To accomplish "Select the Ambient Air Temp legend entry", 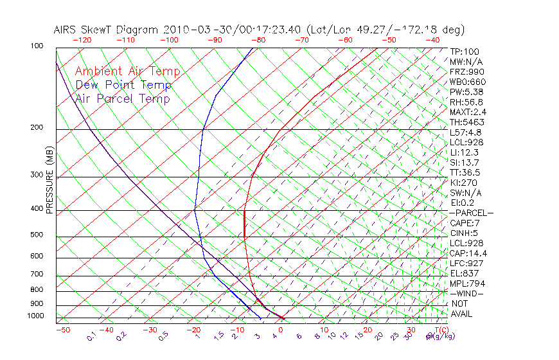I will point(127,71).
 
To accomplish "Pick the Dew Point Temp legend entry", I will point(123,85).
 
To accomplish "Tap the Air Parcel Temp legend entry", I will point(122,98).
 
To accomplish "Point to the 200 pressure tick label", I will point(37,128).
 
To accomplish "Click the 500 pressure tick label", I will point(37,235).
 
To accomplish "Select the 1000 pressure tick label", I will point(35,316).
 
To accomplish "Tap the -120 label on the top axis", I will point(82,40).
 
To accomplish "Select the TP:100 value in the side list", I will point(465,51).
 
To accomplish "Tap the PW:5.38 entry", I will point(466,92).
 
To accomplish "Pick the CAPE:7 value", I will point(465,223).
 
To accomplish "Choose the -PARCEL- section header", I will point(471,213).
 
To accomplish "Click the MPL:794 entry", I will point(466,283).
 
